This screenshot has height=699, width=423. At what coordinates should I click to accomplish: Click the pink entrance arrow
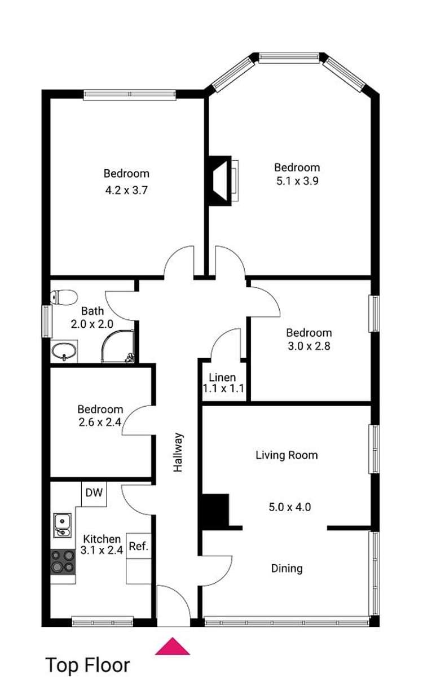click(x=173, y=647)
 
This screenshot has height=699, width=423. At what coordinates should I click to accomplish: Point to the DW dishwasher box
click(x=94, y=493)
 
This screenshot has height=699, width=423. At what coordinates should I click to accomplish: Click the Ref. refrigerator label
click(x=138, y=546)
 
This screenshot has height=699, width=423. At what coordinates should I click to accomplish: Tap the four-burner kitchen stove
click(x=63, y=562)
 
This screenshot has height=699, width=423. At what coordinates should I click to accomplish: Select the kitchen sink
click(x=62, y=525)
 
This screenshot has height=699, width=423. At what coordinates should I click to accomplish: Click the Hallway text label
click(x=178, y=452)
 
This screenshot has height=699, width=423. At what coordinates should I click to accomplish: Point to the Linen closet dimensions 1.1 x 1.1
click(x=223, y=389)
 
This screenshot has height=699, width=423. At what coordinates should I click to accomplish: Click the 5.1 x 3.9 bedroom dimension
click(x=297, y=181)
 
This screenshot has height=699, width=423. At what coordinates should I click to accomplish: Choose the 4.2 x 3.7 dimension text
click(x=126, y=190)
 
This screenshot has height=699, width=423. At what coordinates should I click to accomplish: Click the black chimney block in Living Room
click(x=215, y=511)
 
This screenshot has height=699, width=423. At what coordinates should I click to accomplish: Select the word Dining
click(x=287, y=568)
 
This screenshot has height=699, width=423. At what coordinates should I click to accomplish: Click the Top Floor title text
click(x=87, y=665)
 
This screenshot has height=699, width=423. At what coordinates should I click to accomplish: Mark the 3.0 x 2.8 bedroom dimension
click(x=309, y=346)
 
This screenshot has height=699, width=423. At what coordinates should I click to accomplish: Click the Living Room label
click(x=287, y=455)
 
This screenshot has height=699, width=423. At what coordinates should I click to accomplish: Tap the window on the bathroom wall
click(x=46, y=322)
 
